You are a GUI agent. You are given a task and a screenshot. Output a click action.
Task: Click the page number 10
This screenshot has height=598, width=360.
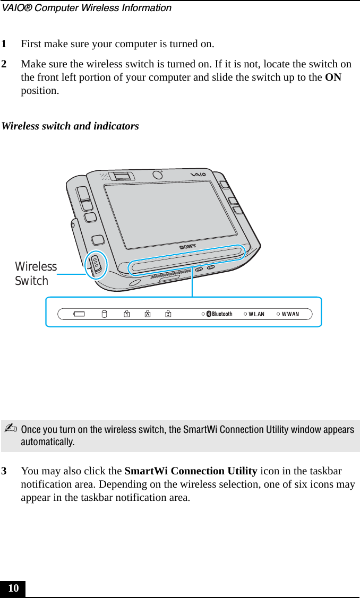pyautogui.click(x=13, y=588)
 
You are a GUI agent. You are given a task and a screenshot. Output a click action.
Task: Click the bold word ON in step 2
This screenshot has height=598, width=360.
pyautogui.click(x=333, y=77)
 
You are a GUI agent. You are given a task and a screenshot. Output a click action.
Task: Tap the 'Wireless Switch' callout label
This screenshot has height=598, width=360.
pyautogui.click(x=36, y=274)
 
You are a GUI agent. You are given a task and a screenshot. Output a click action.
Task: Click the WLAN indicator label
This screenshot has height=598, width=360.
pyautogui.click(x=256, y=314)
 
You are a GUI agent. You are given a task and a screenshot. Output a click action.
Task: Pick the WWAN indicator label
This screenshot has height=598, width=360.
pyautogui.click(x=290, y=314)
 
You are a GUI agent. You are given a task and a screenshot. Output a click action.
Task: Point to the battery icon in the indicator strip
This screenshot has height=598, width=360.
pyautogui.click(x=79, y=314)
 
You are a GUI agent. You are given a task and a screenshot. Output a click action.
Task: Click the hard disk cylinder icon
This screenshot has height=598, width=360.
pyautogui.click(x=104, y=314)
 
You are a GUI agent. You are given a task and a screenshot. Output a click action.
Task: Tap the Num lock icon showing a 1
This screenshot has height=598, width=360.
pyautogui.click(x=127, y=314)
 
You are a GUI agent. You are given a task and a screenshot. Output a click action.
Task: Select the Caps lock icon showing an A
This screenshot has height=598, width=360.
pyautogui.click(x=147, y=314)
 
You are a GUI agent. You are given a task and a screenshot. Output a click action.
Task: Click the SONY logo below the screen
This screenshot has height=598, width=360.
pyautogui.click(x=187, y=246)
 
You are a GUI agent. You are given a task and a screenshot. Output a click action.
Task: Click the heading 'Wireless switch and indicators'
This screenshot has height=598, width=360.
pyautogui.click(x=71, y=126)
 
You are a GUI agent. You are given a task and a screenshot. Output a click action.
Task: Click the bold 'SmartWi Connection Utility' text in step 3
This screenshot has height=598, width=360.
pyautogui.click(x=191, y=471)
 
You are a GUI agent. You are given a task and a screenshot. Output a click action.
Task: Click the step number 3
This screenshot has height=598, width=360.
pyautogui.click(x=4, y=471)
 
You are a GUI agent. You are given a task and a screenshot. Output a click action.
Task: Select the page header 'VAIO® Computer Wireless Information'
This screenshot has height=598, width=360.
pyautogui.click(x=86, y=8)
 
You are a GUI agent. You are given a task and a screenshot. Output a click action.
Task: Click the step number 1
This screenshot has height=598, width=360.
pyautogui.click(x=4, y=44)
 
